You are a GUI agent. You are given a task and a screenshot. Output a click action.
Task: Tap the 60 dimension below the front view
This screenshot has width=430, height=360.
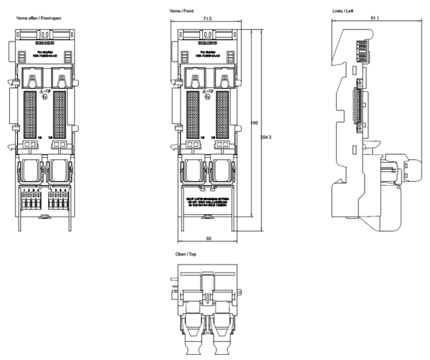[x=207, y=237]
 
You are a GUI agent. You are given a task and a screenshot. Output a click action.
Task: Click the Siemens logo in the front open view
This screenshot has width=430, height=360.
[x=44, y=44]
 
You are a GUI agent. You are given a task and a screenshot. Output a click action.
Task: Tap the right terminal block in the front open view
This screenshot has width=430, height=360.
[x=57, y=200]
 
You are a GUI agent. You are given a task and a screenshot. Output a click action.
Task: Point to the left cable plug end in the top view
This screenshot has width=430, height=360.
[x=193, y=337]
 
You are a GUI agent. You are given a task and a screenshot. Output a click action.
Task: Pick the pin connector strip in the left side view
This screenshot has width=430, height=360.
[x=355, y=105]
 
